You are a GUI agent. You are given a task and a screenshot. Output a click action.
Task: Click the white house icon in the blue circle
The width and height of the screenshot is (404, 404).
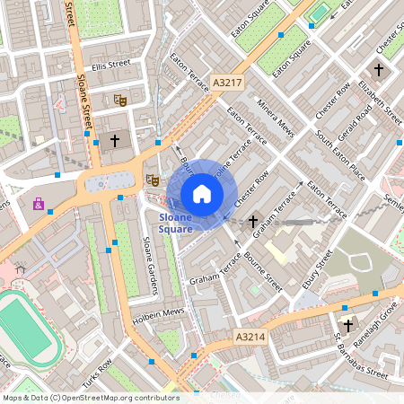[202, 194]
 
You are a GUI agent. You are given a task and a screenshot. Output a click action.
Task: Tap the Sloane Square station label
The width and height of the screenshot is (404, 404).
[176, 224]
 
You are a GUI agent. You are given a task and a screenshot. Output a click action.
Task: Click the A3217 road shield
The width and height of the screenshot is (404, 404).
[228, 83]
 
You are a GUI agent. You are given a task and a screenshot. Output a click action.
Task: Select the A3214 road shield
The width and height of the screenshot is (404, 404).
[250, 336]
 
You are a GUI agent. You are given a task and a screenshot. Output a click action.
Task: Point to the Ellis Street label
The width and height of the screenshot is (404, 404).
[110, 65]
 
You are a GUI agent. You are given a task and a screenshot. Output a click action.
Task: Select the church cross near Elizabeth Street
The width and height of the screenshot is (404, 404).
[378, 69]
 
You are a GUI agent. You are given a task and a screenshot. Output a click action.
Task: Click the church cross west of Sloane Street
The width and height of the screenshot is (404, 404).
[114, 141]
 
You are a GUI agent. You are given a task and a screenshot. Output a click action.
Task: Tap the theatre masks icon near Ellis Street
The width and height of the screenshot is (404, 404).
[119, 99]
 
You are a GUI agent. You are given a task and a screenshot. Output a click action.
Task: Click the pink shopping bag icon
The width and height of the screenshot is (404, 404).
[38, 204]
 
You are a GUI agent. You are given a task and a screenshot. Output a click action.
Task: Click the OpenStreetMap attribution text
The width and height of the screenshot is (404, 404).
[91, 398]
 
